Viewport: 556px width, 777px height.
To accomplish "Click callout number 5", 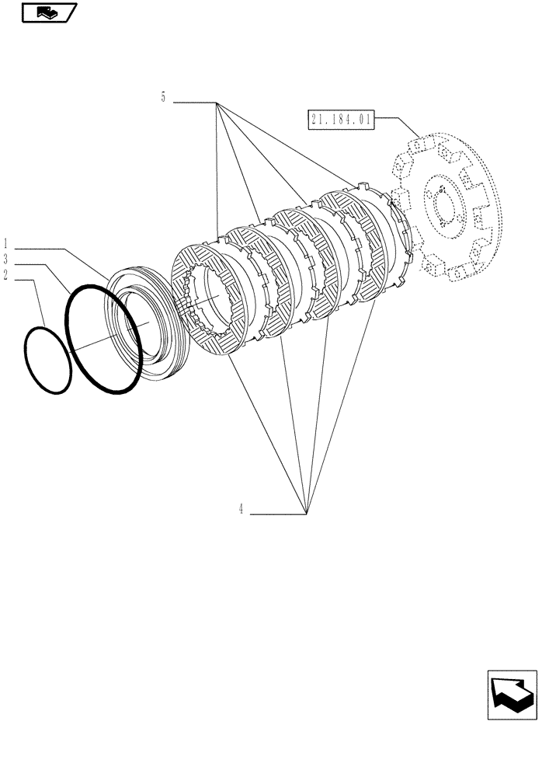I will [x=163, y=98].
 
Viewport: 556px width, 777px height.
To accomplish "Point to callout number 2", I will [x=6, y=274].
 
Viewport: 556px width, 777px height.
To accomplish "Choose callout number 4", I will [x=241, y=510].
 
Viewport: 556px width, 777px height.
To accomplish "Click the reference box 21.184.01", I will [x=341, y=120].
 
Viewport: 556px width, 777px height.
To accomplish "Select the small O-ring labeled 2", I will [x=48, y=361].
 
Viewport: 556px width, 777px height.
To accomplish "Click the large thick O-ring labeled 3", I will [x=103, y=340].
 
